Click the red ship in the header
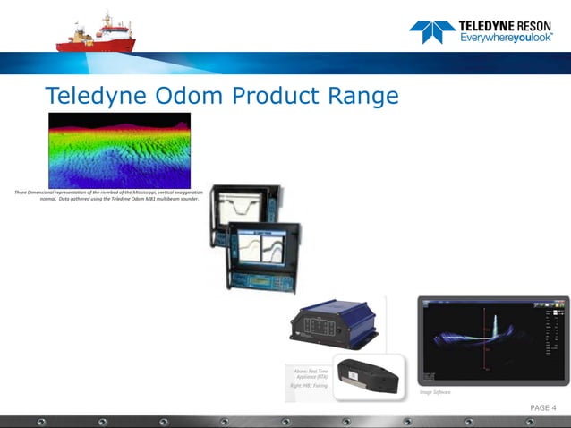[93, 35]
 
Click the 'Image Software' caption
[436, 392]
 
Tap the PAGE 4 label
[542, 408]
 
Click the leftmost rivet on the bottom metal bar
[40, 420]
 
